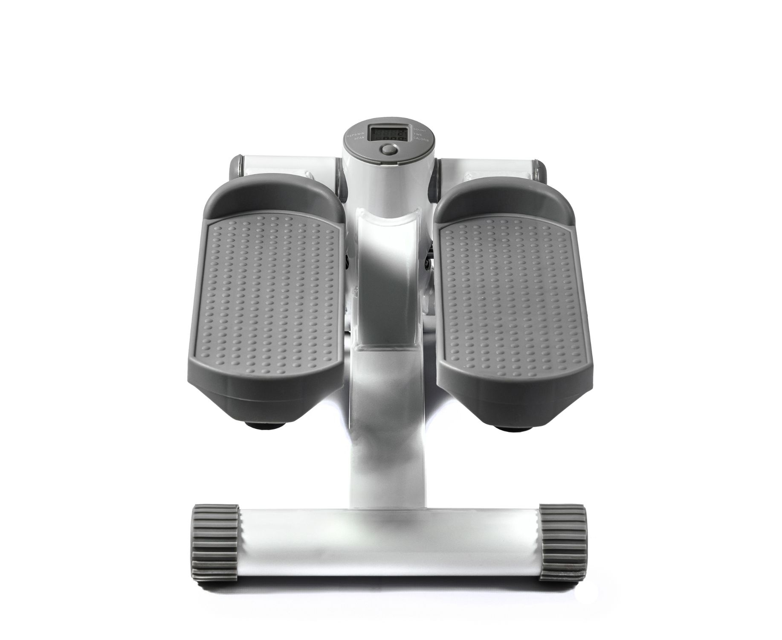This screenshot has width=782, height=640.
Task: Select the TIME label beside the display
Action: pos(418,134)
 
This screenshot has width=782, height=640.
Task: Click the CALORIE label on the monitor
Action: pos(421,140)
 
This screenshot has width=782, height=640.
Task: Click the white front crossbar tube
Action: pos(388,542)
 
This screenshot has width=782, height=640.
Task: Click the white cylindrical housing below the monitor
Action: pos(389,183)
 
